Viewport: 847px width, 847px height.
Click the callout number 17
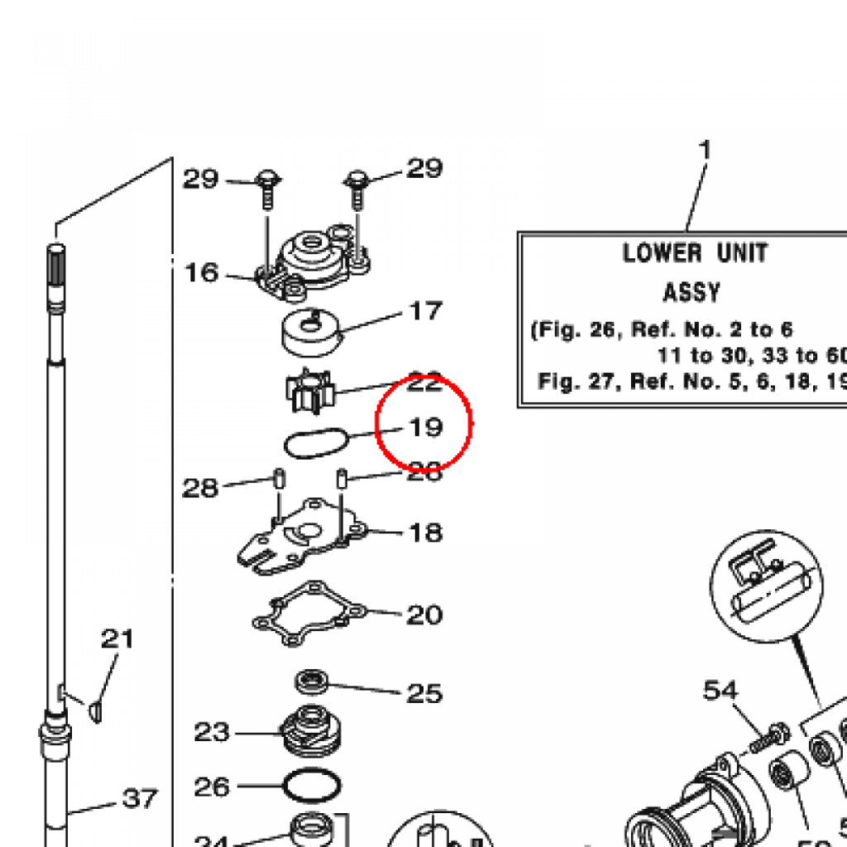[x=426, y=312]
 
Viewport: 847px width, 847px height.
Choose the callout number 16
[x=201, y=272]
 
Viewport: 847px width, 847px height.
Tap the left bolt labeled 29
[x=267, y=187]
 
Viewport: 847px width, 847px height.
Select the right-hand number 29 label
[x=423, y=169]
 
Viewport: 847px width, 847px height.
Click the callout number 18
[x=426, y=533]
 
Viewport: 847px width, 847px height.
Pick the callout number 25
[x=424, y=692]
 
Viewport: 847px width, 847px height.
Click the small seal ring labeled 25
[x=313, y=682]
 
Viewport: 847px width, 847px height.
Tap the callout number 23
[x=212, y=733]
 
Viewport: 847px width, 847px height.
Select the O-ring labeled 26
[x=313, y=785]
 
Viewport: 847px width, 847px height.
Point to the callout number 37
[x=140, y=799]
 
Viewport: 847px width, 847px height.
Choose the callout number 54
[x=721, y=690]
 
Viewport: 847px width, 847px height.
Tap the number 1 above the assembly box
[x=705, y=151]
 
